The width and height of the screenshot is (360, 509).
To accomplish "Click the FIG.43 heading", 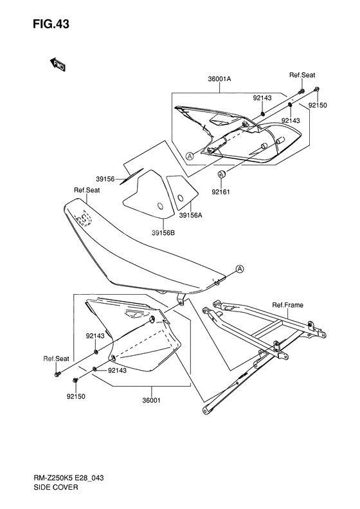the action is (x=51, y=24).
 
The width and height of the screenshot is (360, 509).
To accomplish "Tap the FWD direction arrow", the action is (x=58, y=64).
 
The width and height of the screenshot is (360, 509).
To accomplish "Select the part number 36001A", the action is (x=220, y=79).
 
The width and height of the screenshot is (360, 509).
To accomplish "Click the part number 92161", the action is (x=221, y=192).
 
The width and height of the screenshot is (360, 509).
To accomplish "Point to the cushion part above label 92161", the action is (x=222, y=174).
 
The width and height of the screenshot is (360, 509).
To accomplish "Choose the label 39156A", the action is (x=191, y=215).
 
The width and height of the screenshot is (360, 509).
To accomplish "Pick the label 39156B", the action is (x=163, y=233).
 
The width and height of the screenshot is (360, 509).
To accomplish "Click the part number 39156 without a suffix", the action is (x=105, y=179).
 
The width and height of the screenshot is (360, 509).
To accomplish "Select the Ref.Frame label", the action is (x=287, y=305).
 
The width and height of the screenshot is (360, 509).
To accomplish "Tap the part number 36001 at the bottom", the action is (x=152, y=400).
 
